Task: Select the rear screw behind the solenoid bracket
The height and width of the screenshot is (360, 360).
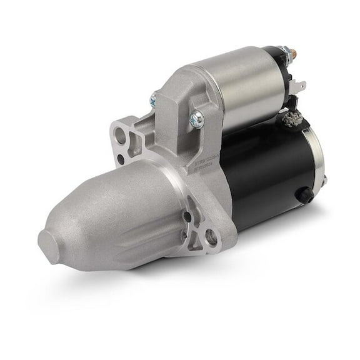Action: tap(153, 99)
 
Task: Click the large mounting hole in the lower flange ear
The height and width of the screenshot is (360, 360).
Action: tap(211, 237)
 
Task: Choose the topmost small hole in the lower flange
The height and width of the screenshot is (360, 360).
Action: tap(187, 217)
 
